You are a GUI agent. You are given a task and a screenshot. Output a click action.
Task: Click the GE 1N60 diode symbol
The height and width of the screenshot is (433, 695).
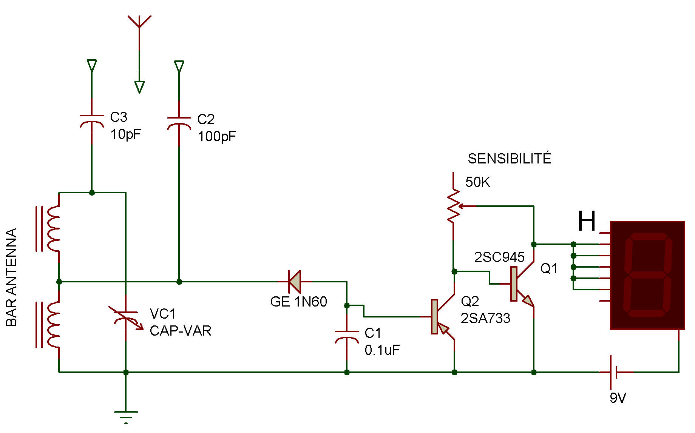(x=295, y=282)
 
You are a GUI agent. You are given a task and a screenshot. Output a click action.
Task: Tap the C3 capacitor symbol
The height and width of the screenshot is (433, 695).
(x=92, y=122)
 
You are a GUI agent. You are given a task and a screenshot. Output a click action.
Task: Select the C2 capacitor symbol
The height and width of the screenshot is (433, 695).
(x=179, y=123)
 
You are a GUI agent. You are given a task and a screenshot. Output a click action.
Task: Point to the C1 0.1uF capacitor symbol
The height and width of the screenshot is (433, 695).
(x=347, y=337)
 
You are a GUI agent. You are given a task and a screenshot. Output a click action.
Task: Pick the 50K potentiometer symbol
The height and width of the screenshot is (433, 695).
(x=454, y=206)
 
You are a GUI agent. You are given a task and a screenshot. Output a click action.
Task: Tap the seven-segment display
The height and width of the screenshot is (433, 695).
(x=647, y=275)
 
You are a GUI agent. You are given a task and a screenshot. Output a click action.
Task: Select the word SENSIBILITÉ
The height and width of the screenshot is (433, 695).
(x=510, y=159)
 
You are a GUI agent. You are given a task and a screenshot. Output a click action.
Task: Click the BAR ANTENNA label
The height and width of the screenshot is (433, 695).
(x=12, y=277)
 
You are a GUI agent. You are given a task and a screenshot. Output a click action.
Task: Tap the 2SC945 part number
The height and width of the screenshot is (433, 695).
(x=499, y=257)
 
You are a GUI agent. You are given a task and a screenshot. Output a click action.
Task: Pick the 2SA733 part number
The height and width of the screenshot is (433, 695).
(x=485, y=318)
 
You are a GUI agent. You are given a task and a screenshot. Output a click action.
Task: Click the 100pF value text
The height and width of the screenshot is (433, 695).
(x=217, y=136)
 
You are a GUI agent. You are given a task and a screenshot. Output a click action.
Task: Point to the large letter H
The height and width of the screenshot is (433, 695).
(x=587, y=221)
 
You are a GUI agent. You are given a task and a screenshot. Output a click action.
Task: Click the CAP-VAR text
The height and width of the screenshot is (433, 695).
(x=181, y=331)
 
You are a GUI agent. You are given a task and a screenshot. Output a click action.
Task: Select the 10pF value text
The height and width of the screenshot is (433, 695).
(x=126, y=134)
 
